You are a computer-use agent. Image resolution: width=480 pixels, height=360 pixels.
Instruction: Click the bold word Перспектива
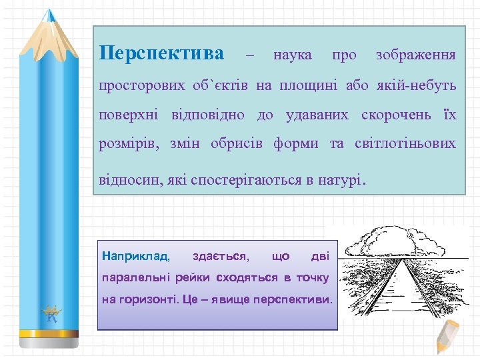161,53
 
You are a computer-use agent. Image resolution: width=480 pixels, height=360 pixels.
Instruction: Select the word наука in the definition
292,55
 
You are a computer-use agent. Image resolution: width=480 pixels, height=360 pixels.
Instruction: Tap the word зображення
416,55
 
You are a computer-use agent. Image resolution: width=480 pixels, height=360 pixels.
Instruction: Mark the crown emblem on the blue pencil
52,313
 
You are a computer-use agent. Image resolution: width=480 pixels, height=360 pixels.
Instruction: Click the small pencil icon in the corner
447,337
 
